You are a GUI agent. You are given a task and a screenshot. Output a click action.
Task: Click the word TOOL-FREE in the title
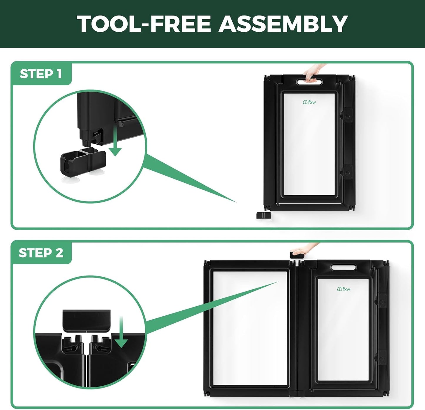pyautogui.click(x=144, y=24)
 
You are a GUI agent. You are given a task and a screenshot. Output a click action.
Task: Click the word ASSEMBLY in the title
pyautogui.click(x=283, y=24)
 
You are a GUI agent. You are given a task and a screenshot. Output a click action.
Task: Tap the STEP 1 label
pyautogui.click(x=41, y=74)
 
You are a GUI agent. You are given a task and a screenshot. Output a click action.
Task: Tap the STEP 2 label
pyautogui.click(x=41, y=253)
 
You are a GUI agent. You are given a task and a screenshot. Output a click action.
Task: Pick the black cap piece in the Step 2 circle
pyautogui.click(x=86, y=321)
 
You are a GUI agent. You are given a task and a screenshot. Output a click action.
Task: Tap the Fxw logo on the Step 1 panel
pyautogui.click(x=309, y=102)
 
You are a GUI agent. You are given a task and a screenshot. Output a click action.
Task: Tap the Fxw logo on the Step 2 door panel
pyautogui.click(x=344, y=289)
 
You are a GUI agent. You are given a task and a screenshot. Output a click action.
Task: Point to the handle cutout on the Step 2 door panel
pyautogui.click(x=343, y=267)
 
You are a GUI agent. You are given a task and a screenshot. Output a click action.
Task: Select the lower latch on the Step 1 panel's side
pyautogui.click(x=347, y=172)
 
